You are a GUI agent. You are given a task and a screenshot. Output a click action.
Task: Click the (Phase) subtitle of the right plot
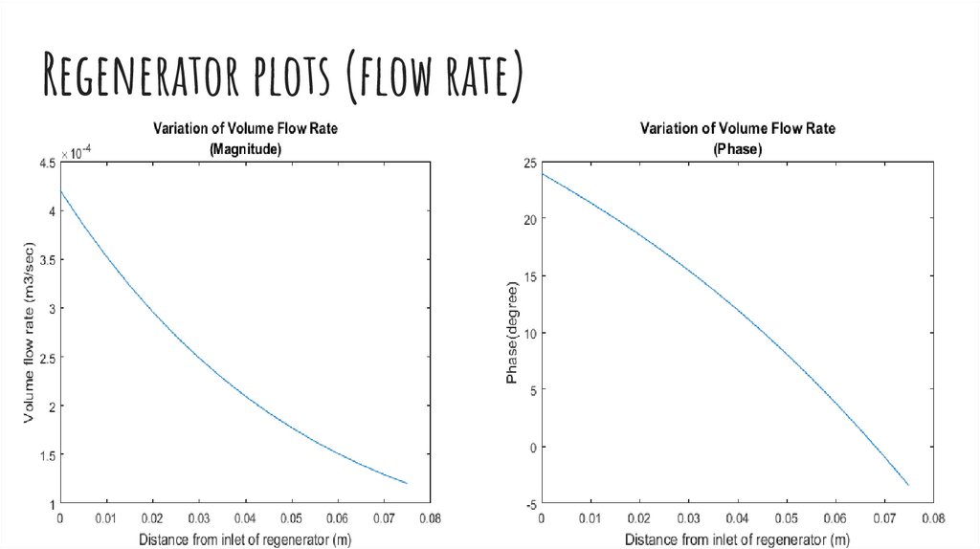pyautogui.click(x=737, y=148)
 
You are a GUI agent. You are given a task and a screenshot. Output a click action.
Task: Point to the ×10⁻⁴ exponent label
pyautogui.click(x=81, y=153)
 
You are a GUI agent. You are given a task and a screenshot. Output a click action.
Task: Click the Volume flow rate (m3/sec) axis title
pyautogui.click(x=30, y=334)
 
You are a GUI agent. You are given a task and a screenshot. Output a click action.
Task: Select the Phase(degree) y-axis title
pyautogui.click(x=512, y=334)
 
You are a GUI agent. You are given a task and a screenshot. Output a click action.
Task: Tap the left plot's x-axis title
pyautogui.click(x=244, y=539)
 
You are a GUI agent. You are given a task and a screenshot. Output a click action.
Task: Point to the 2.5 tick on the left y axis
pyautogui.click(x=46, y=357)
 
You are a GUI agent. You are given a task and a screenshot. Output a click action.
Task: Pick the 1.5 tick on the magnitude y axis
pyautogui.click(x=46, y=454)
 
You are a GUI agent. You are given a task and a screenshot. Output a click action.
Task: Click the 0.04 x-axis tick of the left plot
pyautogui.click(x=247, y=517)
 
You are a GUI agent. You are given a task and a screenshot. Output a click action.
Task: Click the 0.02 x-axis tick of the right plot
pyautogui.click(x=639, y=517)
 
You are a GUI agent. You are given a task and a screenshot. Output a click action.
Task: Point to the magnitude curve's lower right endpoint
pyautogui.click(x=407, y=483)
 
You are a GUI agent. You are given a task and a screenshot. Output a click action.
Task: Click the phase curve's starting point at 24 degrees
pyautogui.click(x=542, y=174)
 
